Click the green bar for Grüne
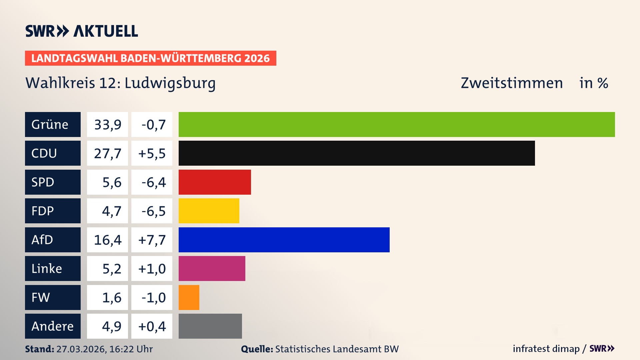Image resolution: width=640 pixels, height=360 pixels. pos(397,124)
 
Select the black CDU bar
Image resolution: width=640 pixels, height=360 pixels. pos(357,153)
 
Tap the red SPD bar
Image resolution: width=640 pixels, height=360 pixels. pos(215,182)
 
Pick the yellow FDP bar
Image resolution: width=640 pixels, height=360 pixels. pos(209,211)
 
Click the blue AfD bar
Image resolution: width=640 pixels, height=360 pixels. pos(284,240)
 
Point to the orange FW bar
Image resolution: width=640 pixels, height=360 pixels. pos(189,297)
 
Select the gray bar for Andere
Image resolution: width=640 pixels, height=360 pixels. pos(210,326)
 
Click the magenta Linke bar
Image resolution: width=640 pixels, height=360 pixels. pos(212,268)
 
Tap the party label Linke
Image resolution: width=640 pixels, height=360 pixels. pos(47,269)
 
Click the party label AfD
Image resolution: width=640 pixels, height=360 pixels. pos(42,240)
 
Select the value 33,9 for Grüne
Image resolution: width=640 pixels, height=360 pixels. pos(108,125)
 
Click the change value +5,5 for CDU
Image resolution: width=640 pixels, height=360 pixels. pos(152,153)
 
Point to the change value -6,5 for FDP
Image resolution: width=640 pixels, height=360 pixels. pos(153,211)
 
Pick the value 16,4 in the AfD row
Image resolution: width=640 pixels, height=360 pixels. pos(108,240)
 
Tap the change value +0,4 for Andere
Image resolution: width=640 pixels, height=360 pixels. pos(152,326)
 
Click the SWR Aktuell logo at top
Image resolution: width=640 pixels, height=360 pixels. pos(82,31)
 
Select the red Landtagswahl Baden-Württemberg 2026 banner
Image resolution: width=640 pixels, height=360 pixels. pos(150,58)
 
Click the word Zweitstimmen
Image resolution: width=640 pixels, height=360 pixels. pos(512,83)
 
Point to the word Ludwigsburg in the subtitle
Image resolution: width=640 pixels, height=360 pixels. pos(170,83)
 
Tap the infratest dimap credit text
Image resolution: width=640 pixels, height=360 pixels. pos(546,349)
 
